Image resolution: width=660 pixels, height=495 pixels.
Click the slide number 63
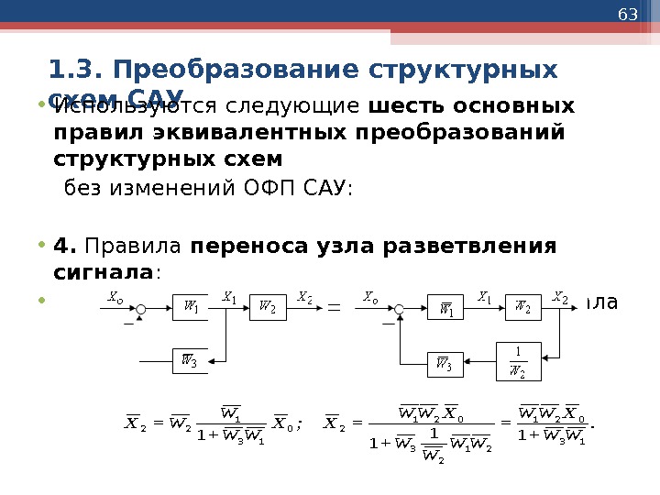coord(628,16)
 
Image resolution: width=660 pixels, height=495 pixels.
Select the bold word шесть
coord(402,107)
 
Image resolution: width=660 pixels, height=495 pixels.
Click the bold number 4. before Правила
coord(63,247)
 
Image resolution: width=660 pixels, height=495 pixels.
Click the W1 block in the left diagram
coord(191,307)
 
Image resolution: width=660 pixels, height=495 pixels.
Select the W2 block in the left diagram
coord(265,307)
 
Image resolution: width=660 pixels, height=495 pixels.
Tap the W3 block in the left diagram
coord(191,360)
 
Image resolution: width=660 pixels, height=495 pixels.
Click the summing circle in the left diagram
coord(141,307)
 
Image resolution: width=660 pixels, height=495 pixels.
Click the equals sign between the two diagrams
coord(333,308)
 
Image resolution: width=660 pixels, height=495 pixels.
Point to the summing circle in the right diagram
coord(397,308)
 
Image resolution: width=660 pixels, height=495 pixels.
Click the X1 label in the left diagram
coord(229,297)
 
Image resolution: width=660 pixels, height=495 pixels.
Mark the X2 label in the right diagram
coord(560,297)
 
